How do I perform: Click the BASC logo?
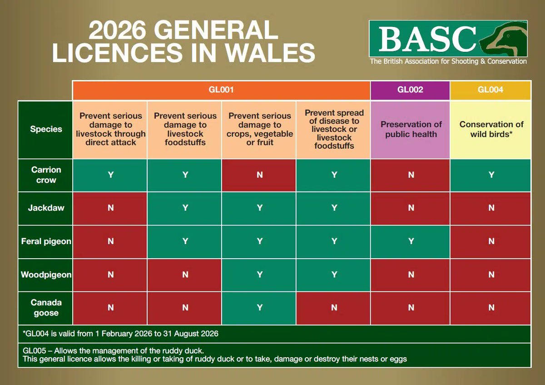(x=448, y=42)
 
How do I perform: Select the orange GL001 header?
(x=221, y=90)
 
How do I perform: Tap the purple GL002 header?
(x=410, y=90)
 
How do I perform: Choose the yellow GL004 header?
(x=490, y=90)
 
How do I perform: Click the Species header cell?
(x=45, y=129)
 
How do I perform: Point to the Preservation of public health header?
(x=411, y=129)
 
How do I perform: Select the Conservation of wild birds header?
(x=491, y=129)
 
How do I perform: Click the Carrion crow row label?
(x=45, y=175)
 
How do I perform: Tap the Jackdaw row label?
(x=45, y=208)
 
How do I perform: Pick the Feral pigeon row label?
(x=45, y=241)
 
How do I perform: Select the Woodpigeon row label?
(x=45, y=275)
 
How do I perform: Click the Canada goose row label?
(x=45, y=308)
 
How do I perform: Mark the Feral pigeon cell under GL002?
(x=411, y=241)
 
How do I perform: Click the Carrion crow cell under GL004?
(x=491, y=175)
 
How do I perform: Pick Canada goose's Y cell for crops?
(x=259, y=308)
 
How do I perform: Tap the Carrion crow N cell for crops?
(x=259, y=175)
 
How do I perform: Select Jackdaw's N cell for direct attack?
(x=110, y=208)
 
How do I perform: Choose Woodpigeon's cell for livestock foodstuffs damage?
(x=185, y=275)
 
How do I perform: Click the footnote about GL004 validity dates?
(x=120, y=334)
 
